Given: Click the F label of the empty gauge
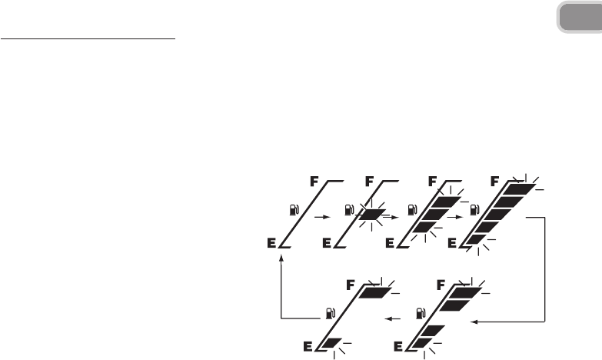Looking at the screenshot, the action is click(314, 183).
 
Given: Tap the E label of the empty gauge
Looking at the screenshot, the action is click(272, 243).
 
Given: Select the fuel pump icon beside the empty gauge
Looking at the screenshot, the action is click(294, 208).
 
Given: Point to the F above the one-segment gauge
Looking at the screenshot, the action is click(371, 183).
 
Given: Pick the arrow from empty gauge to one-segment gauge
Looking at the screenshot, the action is click(319, 218).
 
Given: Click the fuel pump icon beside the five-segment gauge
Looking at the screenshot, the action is click(475, 208).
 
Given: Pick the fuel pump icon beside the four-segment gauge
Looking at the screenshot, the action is click(419, 313).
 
